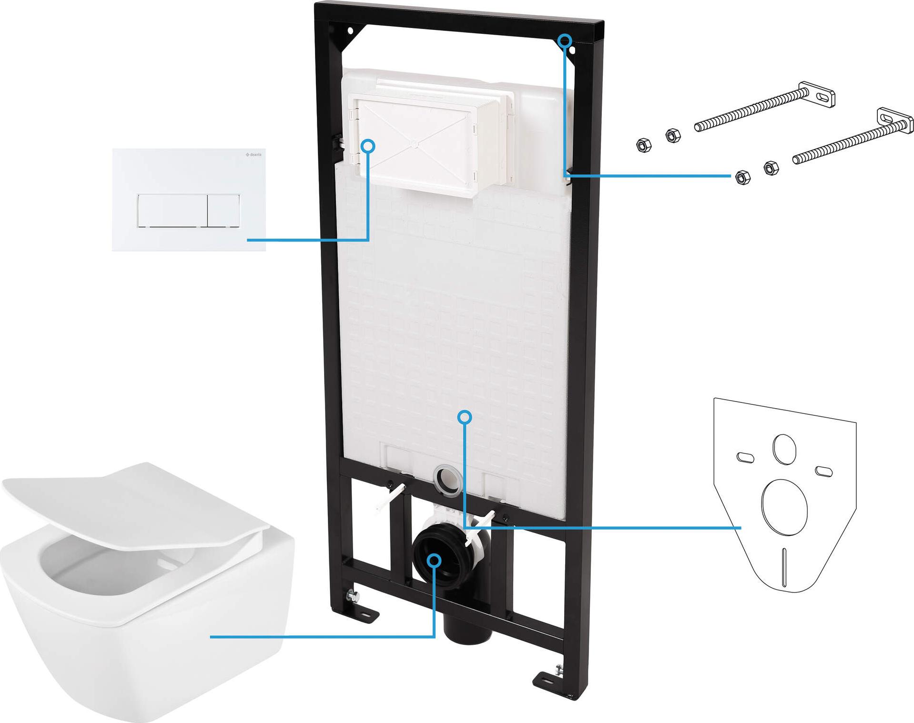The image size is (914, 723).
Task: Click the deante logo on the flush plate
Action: click(254, 155)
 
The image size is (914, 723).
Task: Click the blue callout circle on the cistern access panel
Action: click(368, 146)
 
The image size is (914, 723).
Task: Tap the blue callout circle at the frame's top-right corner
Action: click(565, 40)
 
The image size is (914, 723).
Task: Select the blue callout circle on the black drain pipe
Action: click(434, 560)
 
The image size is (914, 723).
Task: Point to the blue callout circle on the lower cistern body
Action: click(465, 417)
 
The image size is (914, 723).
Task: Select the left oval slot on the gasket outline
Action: click(745, 457)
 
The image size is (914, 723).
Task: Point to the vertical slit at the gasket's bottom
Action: click(784, 566)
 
